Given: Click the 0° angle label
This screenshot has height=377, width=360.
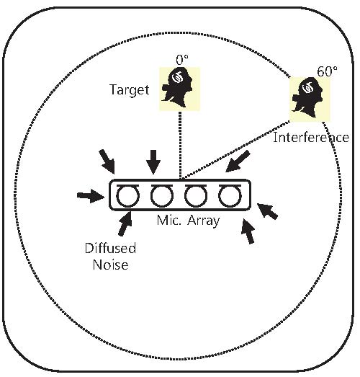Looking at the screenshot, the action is (182, 60).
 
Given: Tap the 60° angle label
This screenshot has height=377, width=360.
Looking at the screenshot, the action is (327, 71).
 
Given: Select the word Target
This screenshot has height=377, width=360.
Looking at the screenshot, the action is (130, 90).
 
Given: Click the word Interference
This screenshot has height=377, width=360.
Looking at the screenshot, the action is (311, 138).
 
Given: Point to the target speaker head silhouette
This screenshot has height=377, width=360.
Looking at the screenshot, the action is (178, 87).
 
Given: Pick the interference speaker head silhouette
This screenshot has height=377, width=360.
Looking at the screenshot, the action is (307, 97).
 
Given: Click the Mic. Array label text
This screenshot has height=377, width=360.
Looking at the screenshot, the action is (188, 221).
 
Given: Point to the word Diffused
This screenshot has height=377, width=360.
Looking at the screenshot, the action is (110, 248).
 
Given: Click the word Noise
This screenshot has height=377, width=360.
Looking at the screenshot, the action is (110, 265).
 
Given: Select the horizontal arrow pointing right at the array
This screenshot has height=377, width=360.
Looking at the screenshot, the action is (91, 196).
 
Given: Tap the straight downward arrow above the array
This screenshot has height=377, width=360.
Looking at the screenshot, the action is (153, 162).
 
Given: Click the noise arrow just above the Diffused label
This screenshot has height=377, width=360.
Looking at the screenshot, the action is (125, 223).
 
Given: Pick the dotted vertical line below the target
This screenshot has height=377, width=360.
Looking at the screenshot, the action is (180, 145).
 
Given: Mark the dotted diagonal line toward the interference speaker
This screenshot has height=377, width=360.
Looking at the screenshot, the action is (235, 150).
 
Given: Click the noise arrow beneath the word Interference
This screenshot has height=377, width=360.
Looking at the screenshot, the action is (238, 161).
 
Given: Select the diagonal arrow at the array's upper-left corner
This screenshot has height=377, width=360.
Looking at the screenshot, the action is (107, 161).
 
